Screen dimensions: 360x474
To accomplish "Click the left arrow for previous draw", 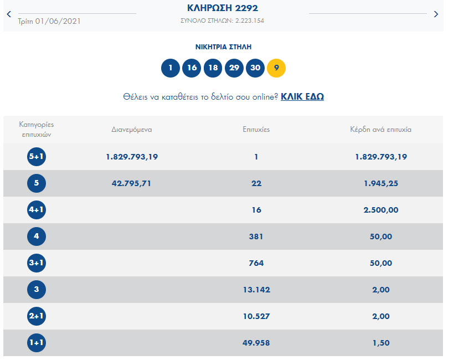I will click(8, 14).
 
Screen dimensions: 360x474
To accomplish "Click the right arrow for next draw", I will click(436, 14).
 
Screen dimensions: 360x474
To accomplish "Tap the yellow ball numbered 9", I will click(276, 68).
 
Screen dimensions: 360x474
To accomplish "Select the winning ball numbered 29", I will click(234, 68).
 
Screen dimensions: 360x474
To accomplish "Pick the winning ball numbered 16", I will click(192, 68).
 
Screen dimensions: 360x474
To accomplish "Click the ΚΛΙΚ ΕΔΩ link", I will click(302, 96).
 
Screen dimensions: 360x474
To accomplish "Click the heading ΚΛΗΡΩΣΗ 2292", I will click(223, 8).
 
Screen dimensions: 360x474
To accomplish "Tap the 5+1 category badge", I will click(37, 157).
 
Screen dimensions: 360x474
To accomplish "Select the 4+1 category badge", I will click(37, 210).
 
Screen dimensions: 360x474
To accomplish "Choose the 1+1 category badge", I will click(37, 343).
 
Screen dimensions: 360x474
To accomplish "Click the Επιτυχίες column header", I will click(256, 130).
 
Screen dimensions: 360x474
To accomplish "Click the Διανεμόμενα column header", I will click(132, 130).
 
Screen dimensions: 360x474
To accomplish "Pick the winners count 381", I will click(256, 236).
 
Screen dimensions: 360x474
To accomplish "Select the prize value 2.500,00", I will click(380, 210).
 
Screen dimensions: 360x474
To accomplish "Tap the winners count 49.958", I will click(256, 343).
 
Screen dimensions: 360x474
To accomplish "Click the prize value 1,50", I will click(380, 343).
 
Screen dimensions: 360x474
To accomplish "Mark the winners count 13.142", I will click(256, 290).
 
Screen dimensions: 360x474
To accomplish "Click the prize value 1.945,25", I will click(380, 183).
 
